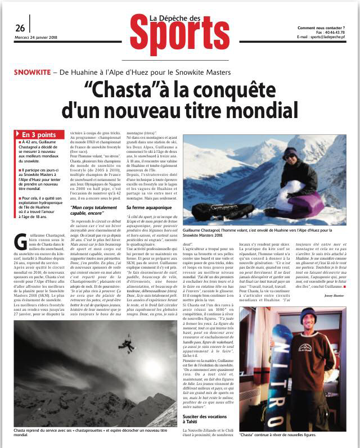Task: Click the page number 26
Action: tap(20, 28)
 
